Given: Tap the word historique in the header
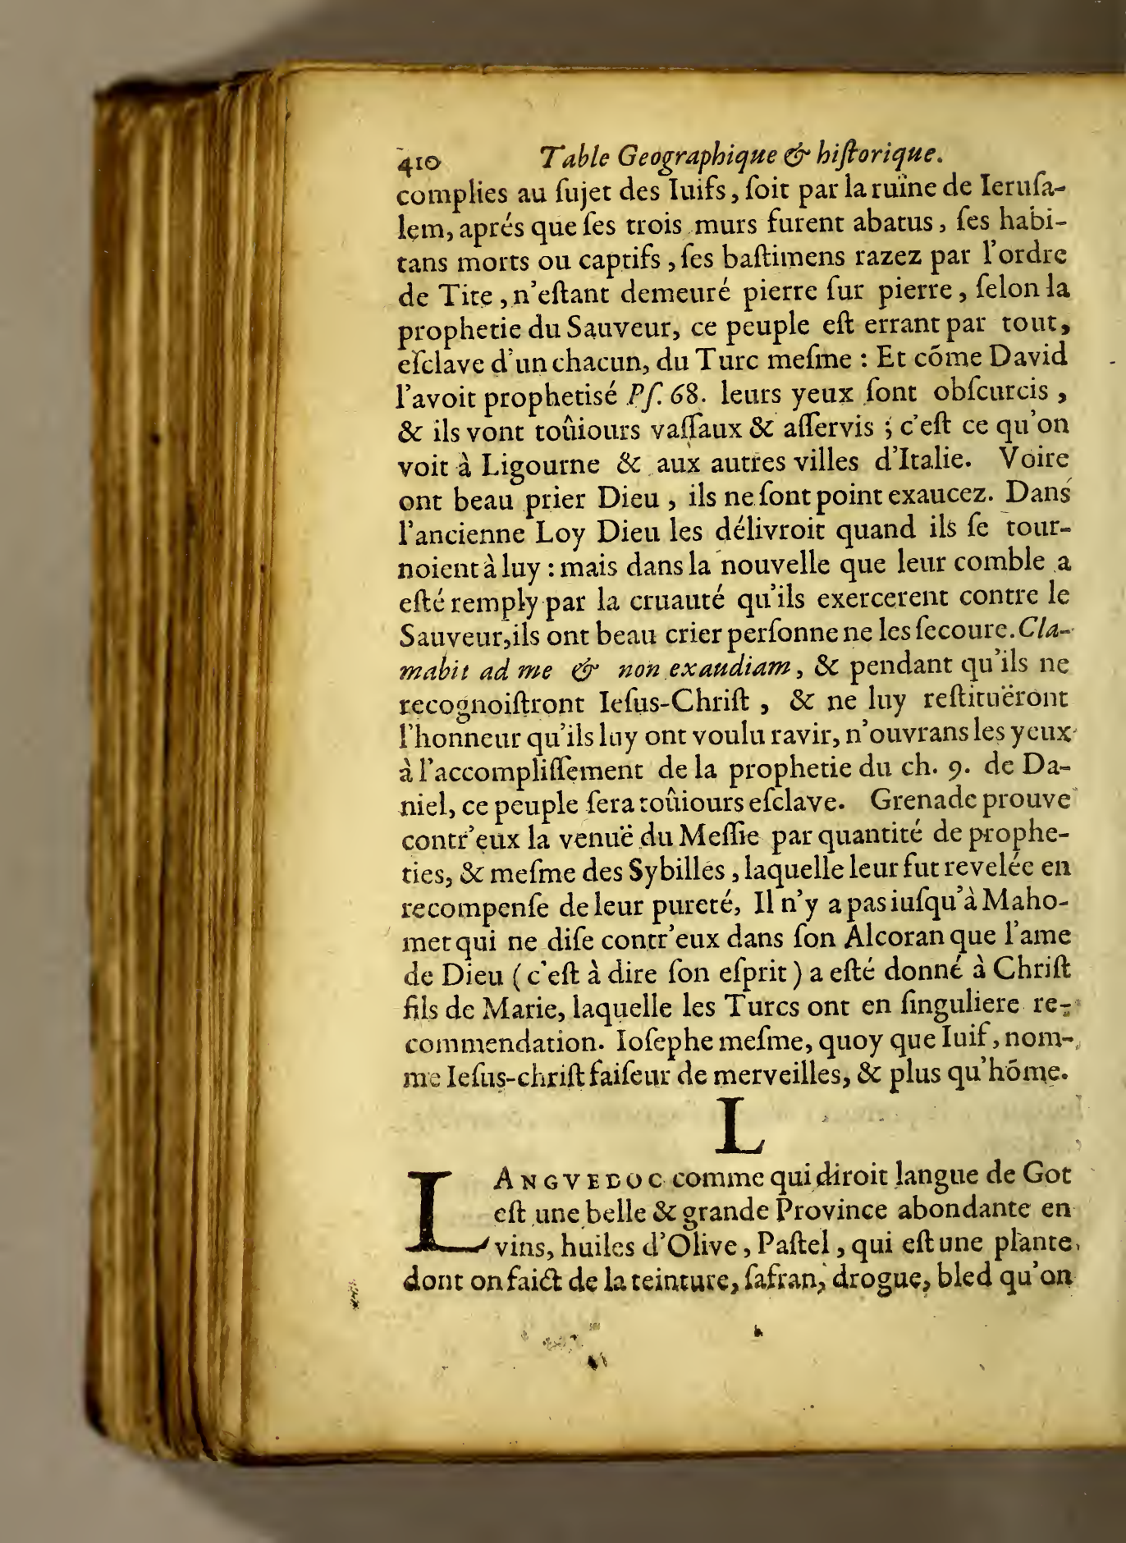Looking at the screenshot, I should [x=880, y=154].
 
